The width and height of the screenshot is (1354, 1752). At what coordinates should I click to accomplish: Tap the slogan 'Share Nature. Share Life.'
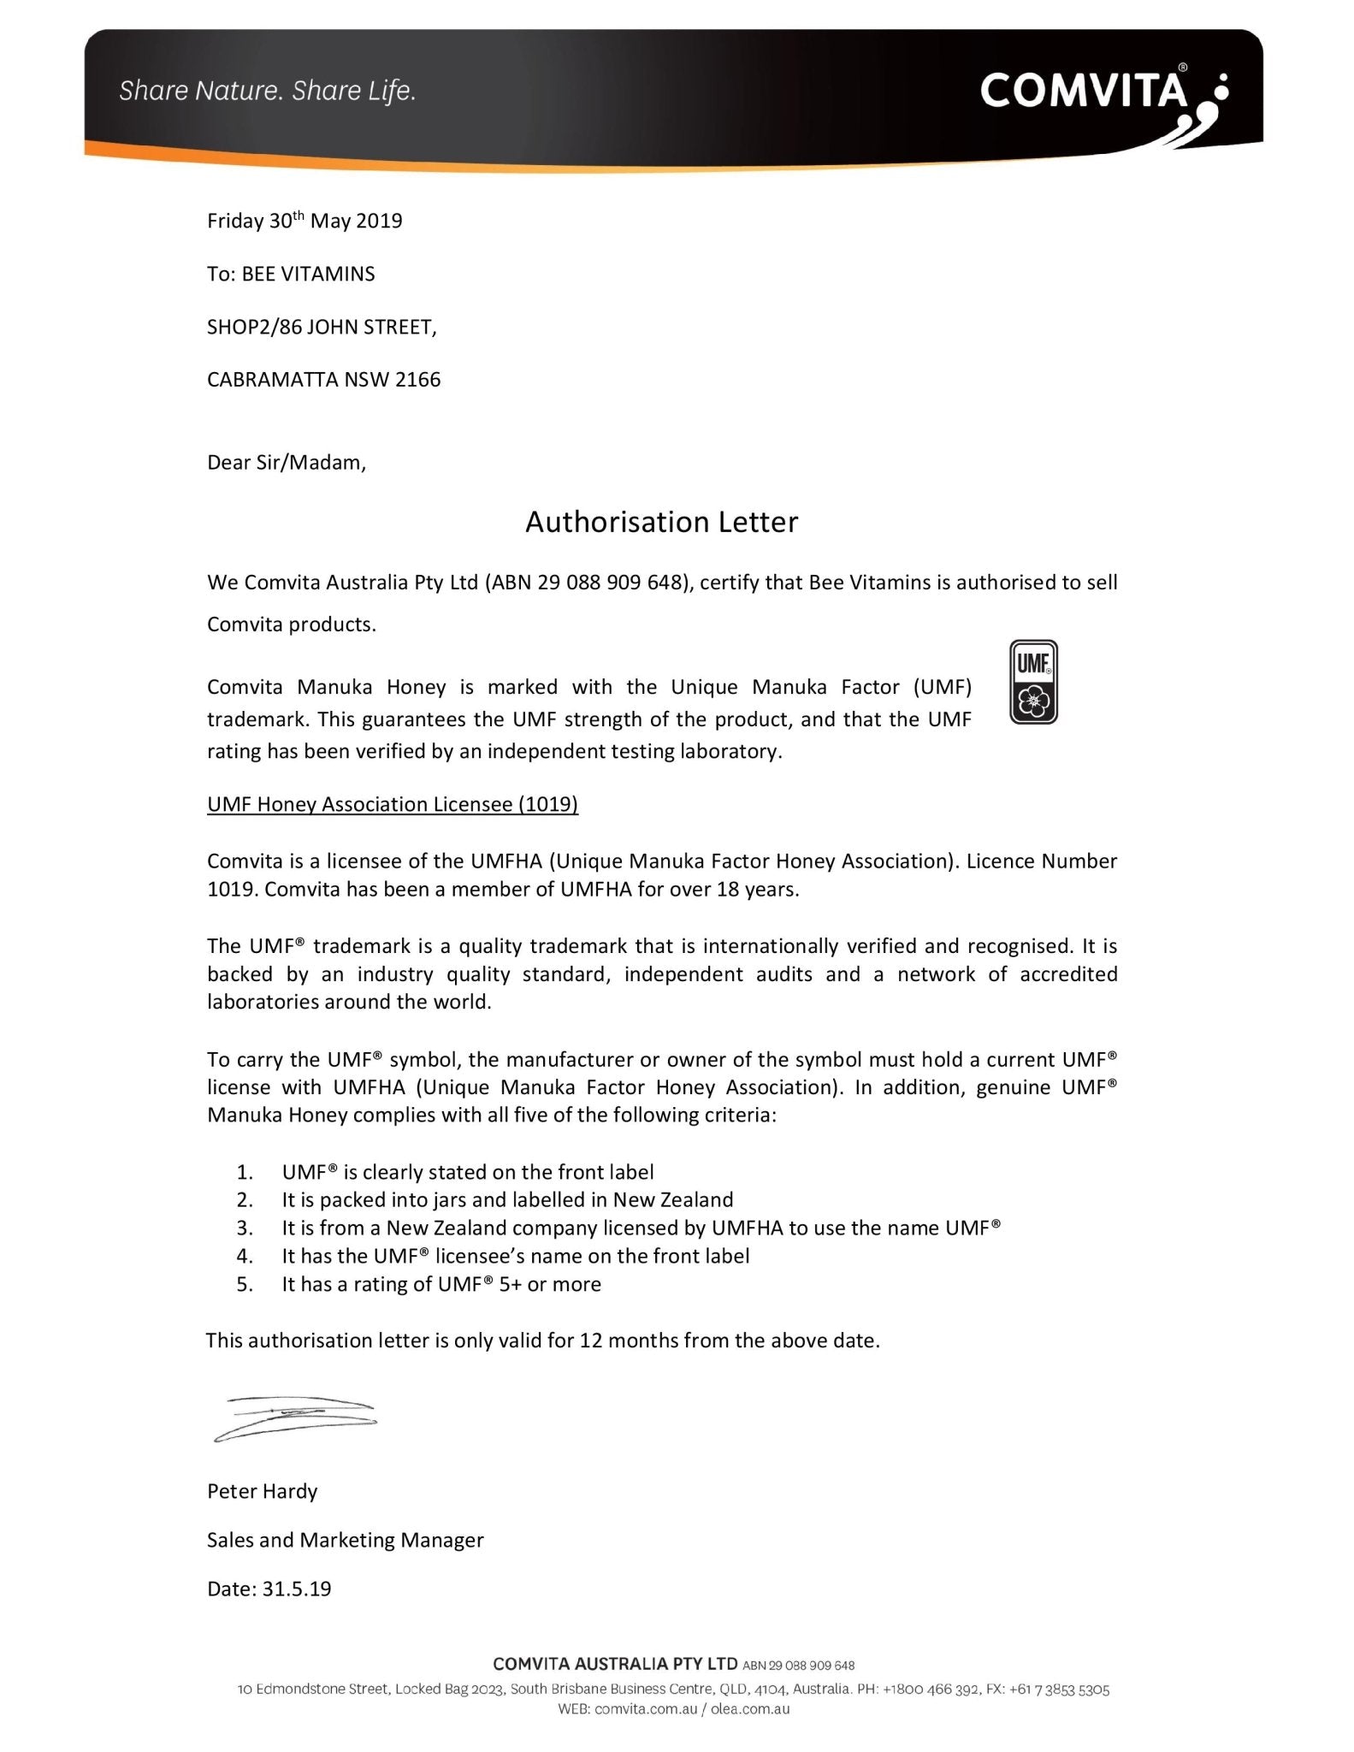point(267,91)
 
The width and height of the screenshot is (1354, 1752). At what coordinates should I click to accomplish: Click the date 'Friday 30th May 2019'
point(305,222)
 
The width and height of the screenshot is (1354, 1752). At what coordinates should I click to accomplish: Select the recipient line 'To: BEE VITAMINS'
point(291,275)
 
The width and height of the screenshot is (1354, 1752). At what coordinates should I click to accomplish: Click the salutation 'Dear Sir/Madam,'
point(287,463)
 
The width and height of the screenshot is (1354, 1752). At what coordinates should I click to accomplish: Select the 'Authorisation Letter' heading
point(661,522)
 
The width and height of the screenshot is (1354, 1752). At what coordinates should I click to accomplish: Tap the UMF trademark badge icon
point(1033,682)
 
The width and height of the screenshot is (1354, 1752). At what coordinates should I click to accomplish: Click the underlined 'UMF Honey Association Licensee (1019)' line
point(393,805)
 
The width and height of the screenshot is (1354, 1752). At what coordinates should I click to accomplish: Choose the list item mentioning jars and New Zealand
point(507,1200)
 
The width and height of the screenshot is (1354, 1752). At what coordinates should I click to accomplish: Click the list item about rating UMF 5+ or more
point(441,1284)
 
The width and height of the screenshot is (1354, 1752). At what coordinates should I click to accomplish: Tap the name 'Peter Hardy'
point(263,1492)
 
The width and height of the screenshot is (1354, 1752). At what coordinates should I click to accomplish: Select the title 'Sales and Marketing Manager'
point(346,1541)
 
